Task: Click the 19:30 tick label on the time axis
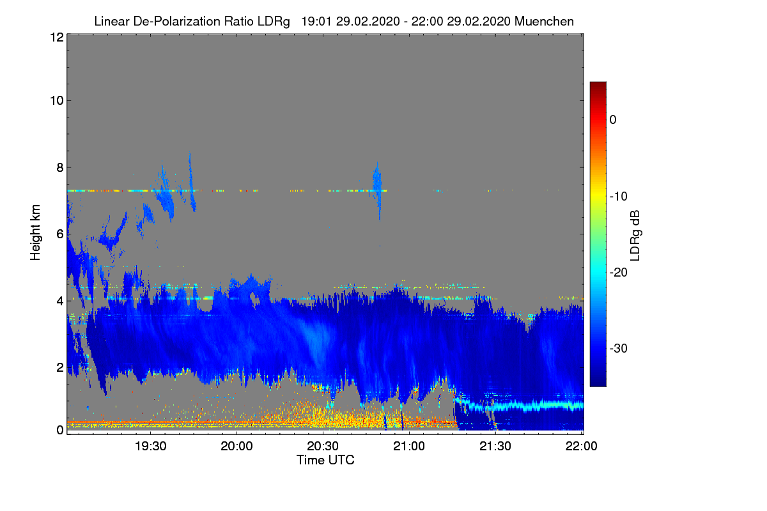pos(150,446)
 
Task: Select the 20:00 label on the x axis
pos(236,446)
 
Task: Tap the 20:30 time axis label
pos(323,446)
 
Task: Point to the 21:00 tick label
pos(409,446)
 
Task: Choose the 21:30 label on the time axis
pos(495,446)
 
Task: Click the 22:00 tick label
pos(582,446)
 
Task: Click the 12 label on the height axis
pos(56,37)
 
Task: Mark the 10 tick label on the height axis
pos(56,100)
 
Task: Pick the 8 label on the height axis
pos(59,168)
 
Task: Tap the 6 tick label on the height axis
pos(59,234)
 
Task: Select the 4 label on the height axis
pos(59,301)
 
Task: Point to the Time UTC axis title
pos(325,460)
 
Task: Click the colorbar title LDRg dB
pos(635,236)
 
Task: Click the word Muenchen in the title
pos(544,21)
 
